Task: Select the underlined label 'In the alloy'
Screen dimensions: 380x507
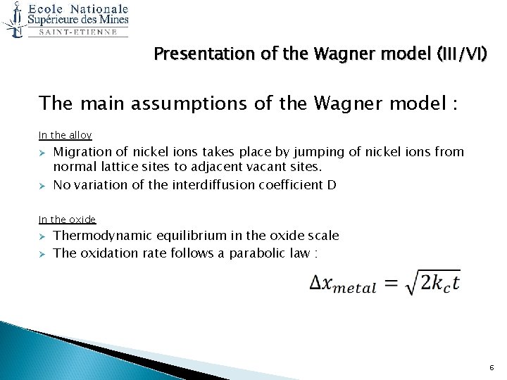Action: coord(65,135)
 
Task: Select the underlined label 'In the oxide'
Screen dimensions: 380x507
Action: coord(67,220)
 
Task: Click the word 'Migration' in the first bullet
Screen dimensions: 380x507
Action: coord(82,151)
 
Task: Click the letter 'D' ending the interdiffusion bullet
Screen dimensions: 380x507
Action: coord(332,185)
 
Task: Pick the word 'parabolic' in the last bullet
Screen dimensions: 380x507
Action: coord(255,253)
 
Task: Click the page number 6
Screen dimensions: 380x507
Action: coord(491,367)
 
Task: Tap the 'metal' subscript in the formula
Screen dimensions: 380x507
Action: coord(355,289)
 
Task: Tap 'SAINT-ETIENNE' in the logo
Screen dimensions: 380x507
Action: coord(77,32)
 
